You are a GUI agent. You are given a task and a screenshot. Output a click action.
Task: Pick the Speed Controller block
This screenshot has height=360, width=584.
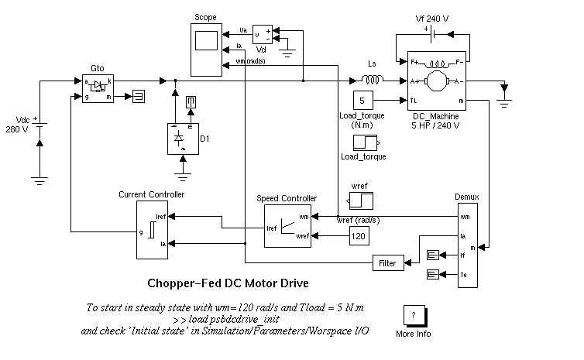click(287, 225)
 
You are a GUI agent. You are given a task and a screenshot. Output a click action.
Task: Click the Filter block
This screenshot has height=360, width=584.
click(386, 263)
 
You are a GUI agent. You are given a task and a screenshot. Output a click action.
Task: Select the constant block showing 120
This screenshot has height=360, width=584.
click(359, 235)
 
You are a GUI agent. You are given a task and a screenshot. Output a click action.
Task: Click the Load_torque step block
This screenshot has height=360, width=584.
click(365, 142)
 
